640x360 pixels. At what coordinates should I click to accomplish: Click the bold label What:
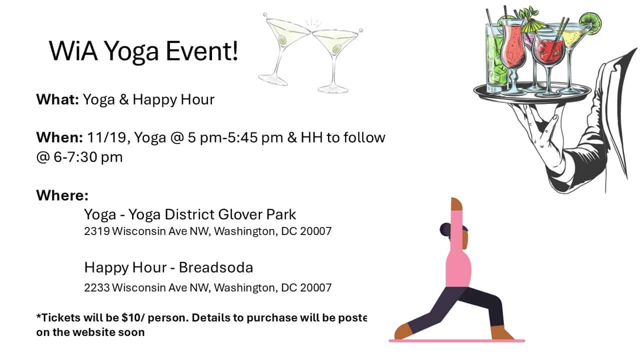point(57,99)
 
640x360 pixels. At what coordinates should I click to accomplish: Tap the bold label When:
point(59,137)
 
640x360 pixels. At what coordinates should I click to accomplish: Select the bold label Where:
point(62,195)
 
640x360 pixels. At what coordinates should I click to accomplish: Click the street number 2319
point(97,231)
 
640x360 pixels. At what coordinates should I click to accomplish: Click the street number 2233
point(97,287)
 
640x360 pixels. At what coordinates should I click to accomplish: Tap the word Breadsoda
point(216,267)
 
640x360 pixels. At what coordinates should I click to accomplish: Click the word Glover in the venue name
point(240,214)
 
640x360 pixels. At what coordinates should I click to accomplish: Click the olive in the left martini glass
point(282,39)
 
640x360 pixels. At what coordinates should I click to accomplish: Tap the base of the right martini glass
point(332,89)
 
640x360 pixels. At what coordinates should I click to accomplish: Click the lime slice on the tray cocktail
point(591,21)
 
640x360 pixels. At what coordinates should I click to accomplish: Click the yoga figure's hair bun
point(444,229)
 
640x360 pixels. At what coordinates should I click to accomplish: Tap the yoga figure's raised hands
point(456,204)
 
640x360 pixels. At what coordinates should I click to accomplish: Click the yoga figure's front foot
point(403,332)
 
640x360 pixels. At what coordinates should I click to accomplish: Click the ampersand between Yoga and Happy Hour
point(124,99)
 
